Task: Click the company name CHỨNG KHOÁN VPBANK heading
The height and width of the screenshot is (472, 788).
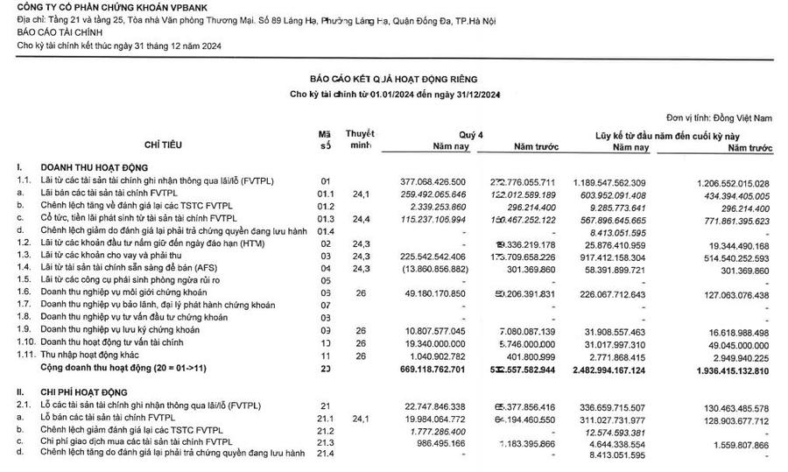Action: [x=90, y=7]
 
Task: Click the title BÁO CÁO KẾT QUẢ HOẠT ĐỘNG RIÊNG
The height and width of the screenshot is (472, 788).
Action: [x=394, y=79]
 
